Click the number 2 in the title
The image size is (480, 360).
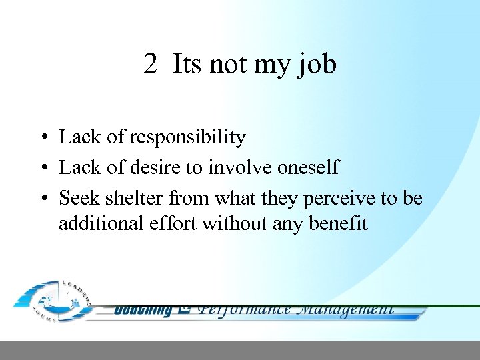[x=151, y=65]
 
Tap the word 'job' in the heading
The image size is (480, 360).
[x=318, y=66]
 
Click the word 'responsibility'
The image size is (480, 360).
[x=187, y=138]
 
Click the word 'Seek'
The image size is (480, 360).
[x=77, y=198]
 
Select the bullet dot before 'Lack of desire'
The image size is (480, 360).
[x=42, y=169]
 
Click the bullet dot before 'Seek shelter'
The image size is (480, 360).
[x=42, y=199]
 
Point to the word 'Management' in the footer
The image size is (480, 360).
[x=345, y=309]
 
